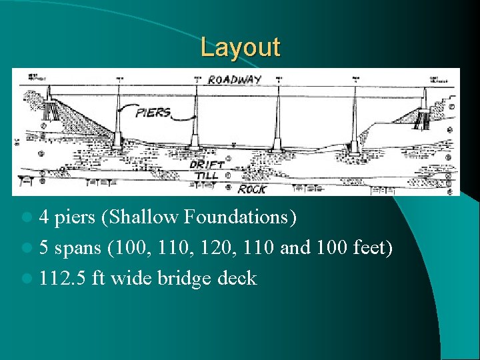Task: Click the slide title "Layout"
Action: click(x=241, y=48)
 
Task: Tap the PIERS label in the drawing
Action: click(x=153, y=112)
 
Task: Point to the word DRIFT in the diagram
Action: click(x=207, y=163)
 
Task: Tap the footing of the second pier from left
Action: click(x=196, y=143)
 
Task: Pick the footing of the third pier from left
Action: click(x=277, y=145)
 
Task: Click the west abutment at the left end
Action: click(x=50, y=117)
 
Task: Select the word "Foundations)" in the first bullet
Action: click(x=239, y=217)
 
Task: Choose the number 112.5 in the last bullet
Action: click(x=60, y=278)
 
